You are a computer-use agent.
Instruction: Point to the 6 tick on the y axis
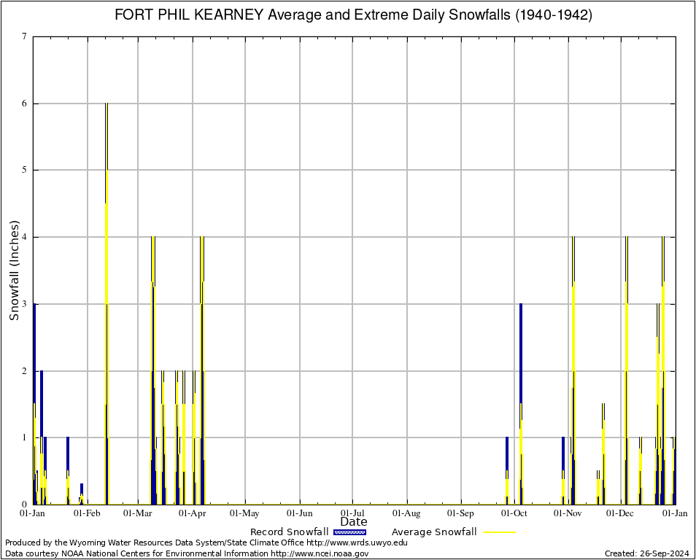pyautogui.click(x=25, y=104)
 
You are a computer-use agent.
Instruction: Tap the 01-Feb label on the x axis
pyautogui.click(x=87, y=513)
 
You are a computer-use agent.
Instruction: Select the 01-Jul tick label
pyautogui.click(x=353, y=513)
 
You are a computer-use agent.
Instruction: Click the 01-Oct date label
pyautogui.click(x=514, y=513)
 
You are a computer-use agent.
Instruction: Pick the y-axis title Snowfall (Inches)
pyautogui.click(x=14, y=271)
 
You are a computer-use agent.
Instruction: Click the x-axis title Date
pyautogui.click(x=354, y=522)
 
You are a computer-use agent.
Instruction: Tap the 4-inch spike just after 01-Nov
pyautogui.click(x=573, y=365)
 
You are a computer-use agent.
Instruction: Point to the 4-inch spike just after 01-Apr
pyautogui.click(x=202, y=365)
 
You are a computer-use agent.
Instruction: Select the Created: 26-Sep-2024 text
pyautogui.click(x=646, y=553)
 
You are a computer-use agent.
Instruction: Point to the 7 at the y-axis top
pyautogui.click(x=25, y=36)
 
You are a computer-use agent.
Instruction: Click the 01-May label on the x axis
pyautogui.click(x=246, y=513)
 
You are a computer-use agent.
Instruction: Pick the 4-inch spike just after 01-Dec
pyautogui.click(x=626, y=365)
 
